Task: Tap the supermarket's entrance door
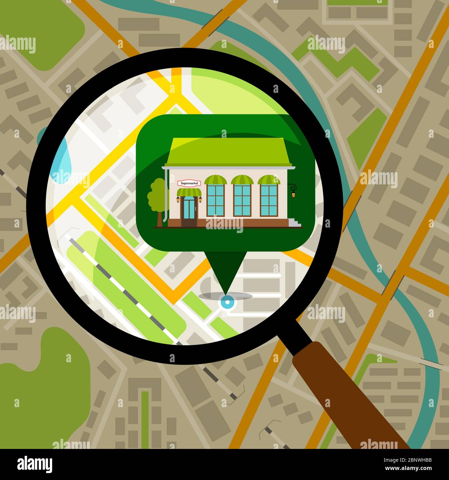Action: click(189, 208)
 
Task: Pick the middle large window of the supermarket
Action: click(242, 201)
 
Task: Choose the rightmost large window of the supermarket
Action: click(269, 201)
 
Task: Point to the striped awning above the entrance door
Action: click(189, 192)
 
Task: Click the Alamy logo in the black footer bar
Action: click(35, 464)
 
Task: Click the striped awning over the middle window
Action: click(242, 180)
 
